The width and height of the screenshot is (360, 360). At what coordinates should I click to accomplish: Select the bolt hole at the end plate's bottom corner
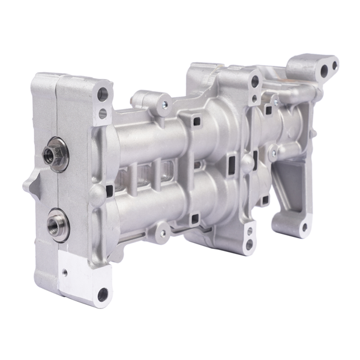103,294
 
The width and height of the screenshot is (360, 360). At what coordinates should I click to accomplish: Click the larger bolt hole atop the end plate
103,94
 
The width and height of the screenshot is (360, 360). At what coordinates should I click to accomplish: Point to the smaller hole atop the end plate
103,112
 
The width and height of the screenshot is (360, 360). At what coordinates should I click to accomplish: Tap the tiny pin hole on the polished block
65,271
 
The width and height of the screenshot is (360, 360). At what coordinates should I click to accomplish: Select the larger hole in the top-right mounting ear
325,71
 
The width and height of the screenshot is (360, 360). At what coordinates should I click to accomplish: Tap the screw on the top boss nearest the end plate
163,104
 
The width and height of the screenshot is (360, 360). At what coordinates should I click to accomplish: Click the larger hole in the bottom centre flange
249,229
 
